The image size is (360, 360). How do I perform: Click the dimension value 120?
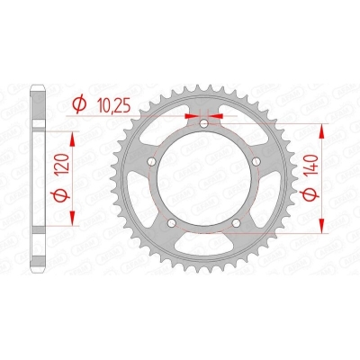(64, 165)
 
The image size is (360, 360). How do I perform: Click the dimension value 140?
(312, 166)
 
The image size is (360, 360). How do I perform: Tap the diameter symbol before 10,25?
(79, 104)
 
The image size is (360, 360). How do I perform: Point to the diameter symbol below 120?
(64, 195)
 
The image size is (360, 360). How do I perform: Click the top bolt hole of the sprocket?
(204, 123)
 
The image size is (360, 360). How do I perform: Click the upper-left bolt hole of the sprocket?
(153, 162)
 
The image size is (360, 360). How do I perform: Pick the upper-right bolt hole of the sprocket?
(256, 162)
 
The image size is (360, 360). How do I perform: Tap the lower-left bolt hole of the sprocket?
(172, 223)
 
